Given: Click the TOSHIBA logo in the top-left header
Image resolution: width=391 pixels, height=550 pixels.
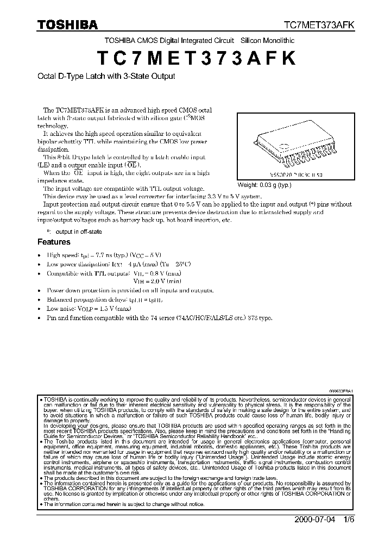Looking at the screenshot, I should click(x=67, y=24).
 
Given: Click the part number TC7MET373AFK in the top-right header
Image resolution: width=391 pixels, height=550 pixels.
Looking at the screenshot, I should click(x=321, y=25).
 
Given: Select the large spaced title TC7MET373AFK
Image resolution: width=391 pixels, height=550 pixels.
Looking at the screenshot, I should click(x=196, y=59).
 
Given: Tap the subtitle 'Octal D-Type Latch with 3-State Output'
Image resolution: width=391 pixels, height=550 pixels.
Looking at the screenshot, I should click(x=106, y=77).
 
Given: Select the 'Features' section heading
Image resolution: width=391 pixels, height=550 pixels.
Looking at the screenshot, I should click(x=53, y=242).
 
